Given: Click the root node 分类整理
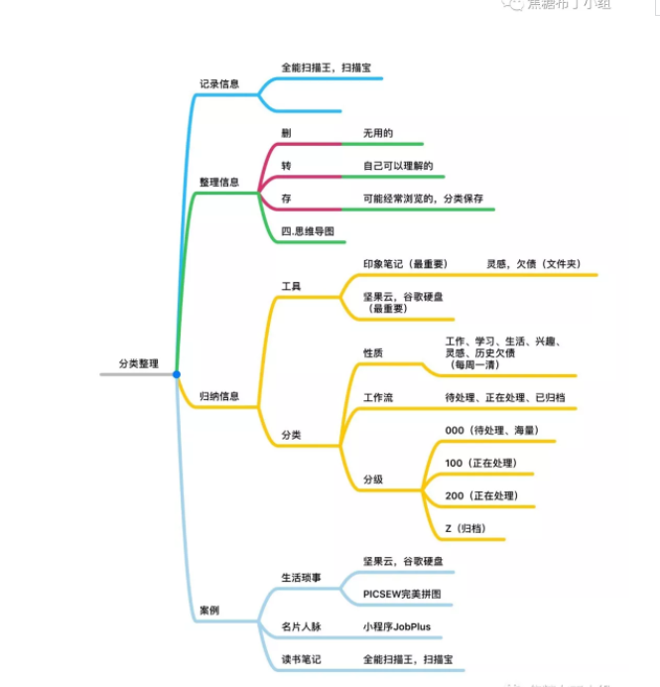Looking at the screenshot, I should (x=137, y=364).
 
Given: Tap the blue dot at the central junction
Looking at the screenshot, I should (x=176, y=374).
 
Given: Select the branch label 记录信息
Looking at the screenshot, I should (x=219, y=83).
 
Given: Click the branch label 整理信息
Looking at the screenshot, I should (x=219, y=182).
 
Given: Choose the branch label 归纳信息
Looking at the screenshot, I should (x=219, y=396).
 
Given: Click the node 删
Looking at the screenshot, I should (x=286, y=133).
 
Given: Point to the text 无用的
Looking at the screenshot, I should (x=379, y=133).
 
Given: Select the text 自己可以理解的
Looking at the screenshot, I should (x=398, y=166).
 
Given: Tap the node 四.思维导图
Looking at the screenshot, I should (x=308, y=231).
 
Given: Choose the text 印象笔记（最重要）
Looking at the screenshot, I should (x=407, y=263).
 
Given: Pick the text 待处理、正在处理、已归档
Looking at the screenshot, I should (x=505, y=398).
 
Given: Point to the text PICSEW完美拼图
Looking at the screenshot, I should (x=402, y=594).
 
